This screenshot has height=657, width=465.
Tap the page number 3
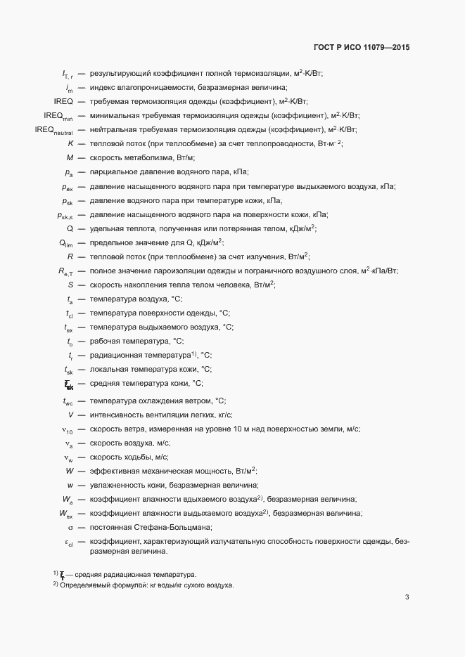407,597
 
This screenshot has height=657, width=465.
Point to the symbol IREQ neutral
54,130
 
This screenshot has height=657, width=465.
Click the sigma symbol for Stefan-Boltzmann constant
70,527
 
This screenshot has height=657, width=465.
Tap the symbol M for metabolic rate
70,158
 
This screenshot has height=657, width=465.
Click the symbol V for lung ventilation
71,415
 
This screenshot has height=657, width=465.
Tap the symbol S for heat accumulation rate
71,285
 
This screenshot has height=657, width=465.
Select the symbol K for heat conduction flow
71,144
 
